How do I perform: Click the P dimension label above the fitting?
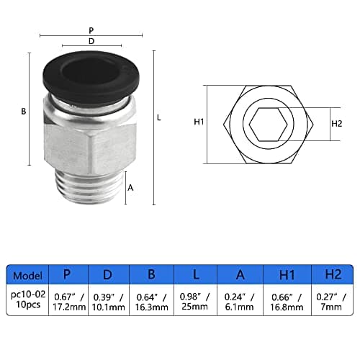coord(91,30)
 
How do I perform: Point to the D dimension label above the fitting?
coord(91,41)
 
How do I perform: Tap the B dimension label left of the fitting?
coord(23,112)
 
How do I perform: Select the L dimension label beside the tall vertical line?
coord(159,117)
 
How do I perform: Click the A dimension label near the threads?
coord(130,188)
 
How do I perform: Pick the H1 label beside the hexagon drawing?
coord(199,122)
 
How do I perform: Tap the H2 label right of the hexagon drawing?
coord(336,124)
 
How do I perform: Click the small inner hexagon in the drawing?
coord(268,124)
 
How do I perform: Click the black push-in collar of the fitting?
coord(91,77)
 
